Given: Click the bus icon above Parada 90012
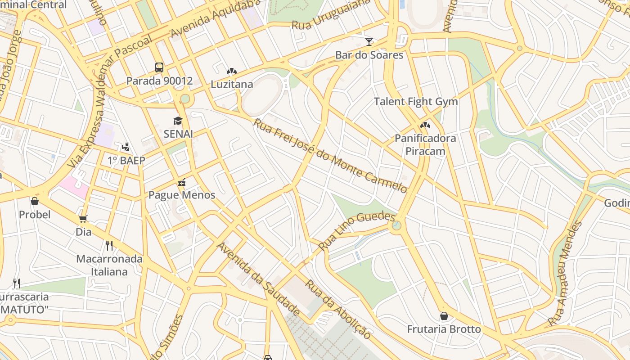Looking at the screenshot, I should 159,67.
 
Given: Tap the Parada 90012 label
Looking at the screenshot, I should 159,81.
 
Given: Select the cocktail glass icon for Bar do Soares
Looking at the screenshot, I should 369,42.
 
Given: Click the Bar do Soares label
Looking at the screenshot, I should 369,55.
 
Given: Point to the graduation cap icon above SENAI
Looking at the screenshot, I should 178,121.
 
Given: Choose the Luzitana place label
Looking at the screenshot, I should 232,84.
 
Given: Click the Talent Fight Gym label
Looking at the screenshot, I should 416,102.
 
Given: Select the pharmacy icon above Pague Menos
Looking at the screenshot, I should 182,182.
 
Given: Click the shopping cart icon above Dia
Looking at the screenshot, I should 83,219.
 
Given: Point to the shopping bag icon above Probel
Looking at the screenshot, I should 35,201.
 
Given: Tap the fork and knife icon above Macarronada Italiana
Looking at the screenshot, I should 109,245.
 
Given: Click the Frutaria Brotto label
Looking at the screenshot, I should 444,329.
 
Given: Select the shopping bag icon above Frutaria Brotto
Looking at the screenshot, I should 444,316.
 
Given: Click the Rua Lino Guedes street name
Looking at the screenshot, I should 356,231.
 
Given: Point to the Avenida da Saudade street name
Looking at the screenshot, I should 258,279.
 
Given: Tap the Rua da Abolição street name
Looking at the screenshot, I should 338,309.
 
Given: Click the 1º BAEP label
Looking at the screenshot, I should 126,161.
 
